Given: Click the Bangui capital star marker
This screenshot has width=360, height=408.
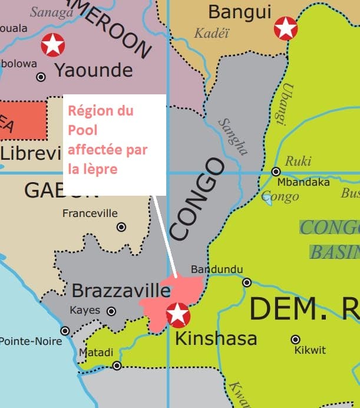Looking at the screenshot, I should (286, 28).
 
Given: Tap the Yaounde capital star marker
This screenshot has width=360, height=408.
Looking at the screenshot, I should (53, 45).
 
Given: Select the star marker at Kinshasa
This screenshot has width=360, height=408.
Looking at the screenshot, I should (178, 314).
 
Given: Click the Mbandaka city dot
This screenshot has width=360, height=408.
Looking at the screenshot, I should (276, 172).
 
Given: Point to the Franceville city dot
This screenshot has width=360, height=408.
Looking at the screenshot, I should (121, 226).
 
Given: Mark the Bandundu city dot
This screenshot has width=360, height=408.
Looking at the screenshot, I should (247, 282).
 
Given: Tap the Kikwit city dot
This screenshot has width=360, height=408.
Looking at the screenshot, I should (295, 339).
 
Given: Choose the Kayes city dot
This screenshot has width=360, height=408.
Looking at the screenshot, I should (111, 311).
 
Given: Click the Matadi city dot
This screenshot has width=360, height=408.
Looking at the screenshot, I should (117, 366).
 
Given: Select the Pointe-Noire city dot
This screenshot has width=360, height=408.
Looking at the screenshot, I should (65, 331).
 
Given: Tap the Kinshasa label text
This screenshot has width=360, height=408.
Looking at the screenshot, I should (216, 338).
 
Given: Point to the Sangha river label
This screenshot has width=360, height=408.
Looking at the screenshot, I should (233, 137).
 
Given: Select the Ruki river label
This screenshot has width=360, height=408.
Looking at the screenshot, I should (298, 162).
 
